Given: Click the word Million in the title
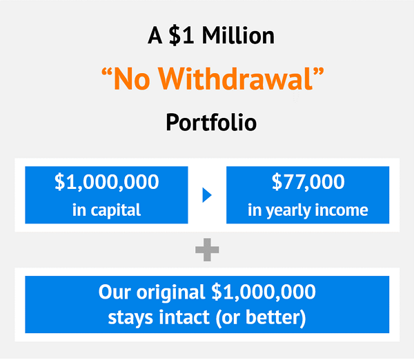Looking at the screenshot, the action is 238,35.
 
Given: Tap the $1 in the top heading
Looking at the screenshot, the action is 181,35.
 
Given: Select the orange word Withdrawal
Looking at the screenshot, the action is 236,79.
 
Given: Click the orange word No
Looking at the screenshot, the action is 132,79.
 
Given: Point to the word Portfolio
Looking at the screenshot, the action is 211,122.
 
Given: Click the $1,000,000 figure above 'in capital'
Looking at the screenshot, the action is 107,182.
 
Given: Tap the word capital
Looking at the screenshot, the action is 116,210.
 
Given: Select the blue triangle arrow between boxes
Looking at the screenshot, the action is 207,195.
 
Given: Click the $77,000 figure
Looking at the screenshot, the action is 308,182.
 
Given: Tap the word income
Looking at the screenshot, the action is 342,210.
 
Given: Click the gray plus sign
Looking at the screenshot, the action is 207,250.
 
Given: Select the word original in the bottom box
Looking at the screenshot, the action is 170,292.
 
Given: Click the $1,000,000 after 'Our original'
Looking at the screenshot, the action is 264,292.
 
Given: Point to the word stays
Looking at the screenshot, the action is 130,317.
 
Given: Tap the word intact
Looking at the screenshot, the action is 184,317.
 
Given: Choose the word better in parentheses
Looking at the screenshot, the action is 273,317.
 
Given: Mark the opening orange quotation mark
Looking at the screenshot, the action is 107,72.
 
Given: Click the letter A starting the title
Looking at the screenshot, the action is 155,35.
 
